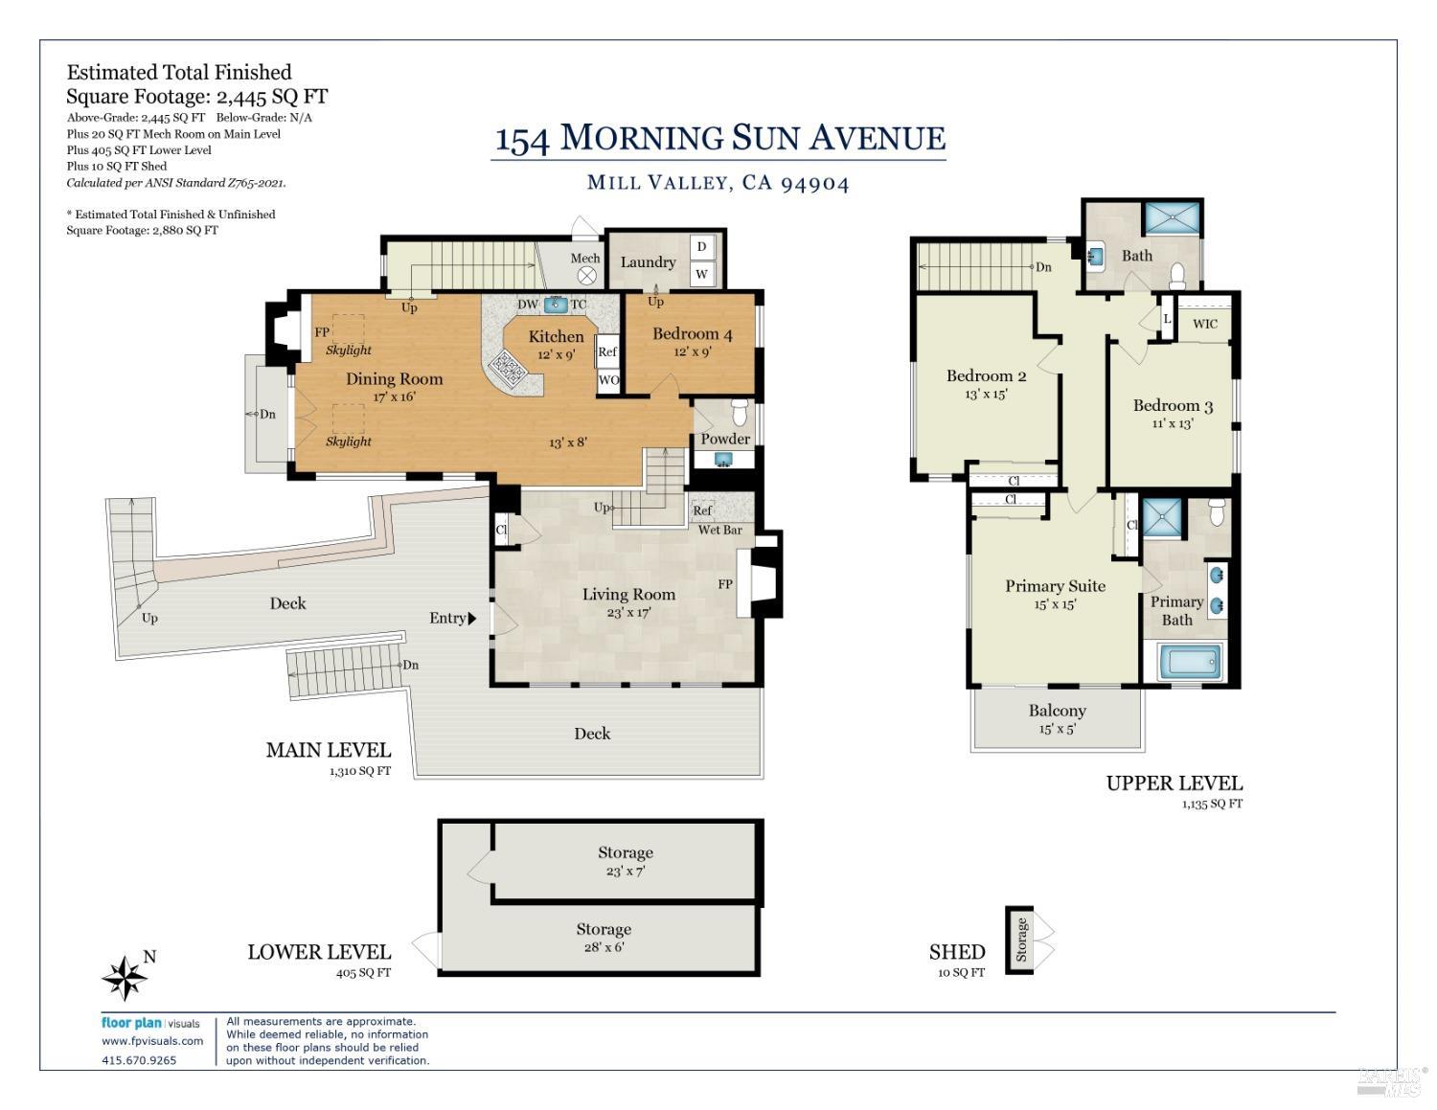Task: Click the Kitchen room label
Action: point(557,336)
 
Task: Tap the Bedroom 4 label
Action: point(693,334)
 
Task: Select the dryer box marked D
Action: point(701,246)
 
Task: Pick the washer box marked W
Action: point(701,274)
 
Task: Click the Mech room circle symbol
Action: point(587,275)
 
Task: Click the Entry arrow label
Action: point(453,618)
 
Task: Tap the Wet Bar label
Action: point(720,530)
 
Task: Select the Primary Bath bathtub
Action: point(1191,661)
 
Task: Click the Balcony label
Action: point(1057,711)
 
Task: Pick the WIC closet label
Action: point(1205,324)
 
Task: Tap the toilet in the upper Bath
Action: point(1177,277)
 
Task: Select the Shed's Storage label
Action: point(1021,940)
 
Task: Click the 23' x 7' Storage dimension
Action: point(626,871)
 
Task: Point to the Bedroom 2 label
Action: point(986,376)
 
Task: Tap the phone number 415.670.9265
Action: point(139,1060)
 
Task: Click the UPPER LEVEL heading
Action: point(1175,783)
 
